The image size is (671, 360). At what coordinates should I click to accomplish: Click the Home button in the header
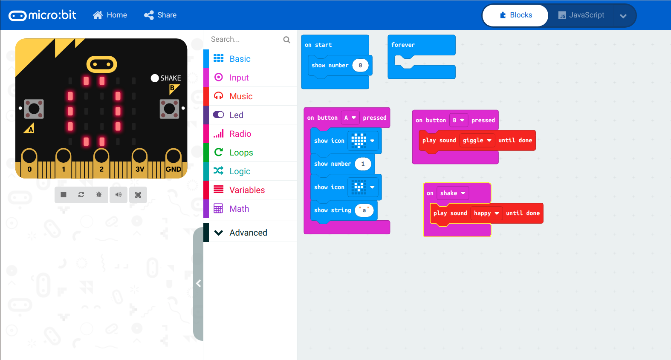(110, 15)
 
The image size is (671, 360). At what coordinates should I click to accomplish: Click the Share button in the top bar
(160, 15)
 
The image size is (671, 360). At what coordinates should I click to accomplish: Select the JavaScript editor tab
(581, 15)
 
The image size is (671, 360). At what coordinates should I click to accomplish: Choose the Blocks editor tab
(515, 15)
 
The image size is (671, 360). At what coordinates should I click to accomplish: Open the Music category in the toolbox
(241, 96)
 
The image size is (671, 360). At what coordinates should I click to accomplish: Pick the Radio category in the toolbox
(240, 134)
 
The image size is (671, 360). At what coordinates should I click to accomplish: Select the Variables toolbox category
(247, 190)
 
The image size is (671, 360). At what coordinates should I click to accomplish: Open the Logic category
(240, 171)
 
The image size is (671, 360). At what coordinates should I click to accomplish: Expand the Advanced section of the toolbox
(248, 233)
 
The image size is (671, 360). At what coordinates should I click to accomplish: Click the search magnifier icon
(287, 40)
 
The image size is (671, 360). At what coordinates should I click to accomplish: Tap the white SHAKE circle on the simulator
(155, 78)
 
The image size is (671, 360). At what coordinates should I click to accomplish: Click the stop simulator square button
(64, 195)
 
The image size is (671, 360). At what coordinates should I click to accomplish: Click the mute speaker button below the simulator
(119, 195)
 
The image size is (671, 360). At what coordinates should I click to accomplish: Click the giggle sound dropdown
(477, 140)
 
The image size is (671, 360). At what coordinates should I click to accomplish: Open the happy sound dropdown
(486, 213)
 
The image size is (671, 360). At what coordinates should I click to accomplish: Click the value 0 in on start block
(360, 65)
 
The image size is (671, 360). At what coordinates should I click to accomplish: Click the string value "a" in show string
(364, 210)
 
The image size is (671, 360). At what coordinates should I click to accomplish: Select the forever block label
(403, 45)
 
